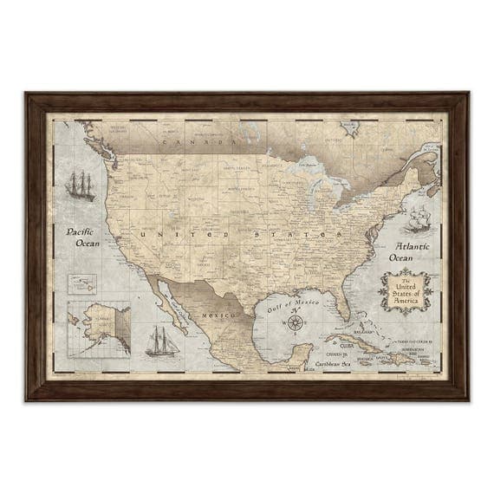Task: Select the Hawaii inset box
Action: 82,284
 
